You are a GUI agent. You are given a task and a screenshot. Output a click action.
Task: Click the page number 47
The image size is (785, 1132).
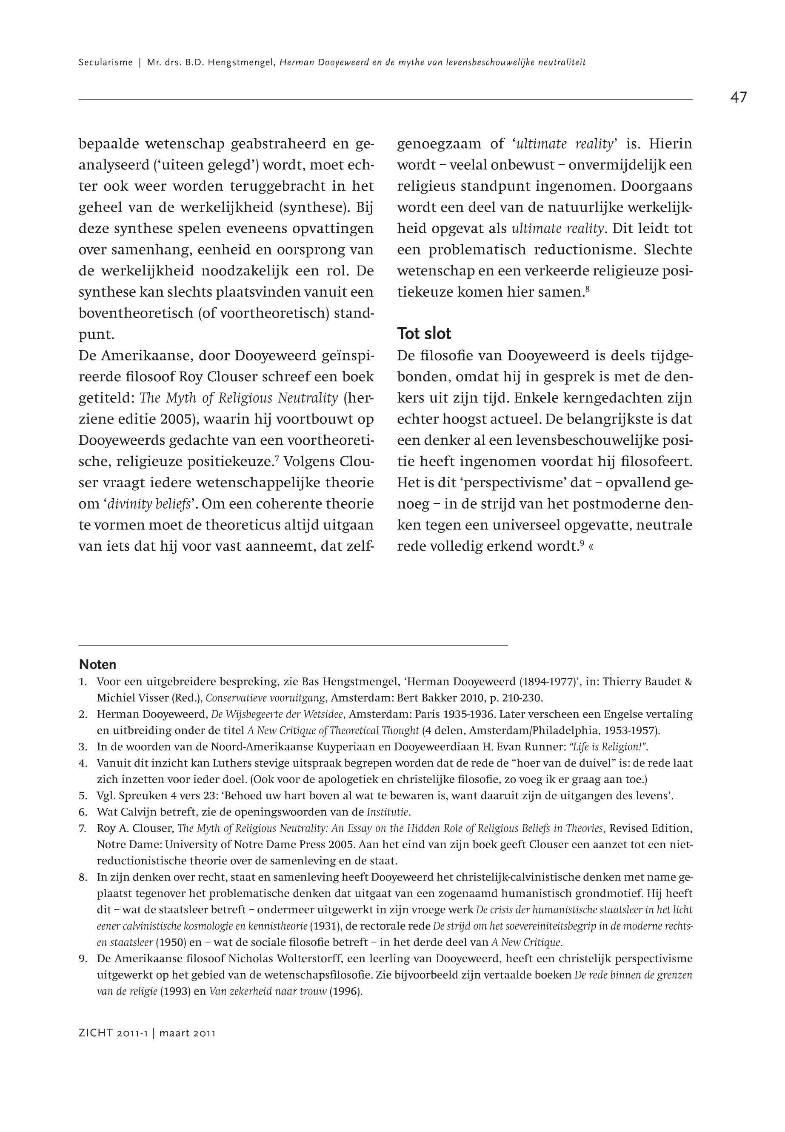click(738, 98)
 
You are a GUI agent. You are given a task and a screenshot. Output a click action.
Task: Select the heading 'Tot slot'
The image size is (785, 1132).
click(424, 334)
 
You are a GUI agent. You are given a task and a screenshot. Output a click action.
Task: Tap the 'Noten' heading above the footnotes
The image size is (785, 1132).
click(97, 665)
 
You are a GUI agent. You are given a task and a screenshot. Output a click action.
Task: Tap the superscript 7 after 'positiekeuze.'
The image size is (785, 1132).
click(277, 460)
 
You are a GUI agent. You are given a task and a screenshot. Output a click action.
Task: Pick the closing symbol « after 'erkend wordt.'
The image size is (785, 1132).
click(590, 547)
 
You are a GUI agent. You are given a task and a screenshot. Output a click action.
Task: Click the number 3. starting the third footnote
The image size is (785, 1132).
click(83, 747)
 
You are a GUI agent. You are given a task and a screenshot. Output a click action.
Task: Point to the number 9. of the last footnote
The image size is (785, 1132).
click(83, 958)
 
